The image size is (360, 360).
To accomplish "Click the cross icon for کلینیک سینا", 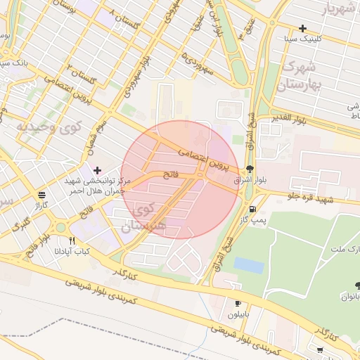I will tap(302, 29).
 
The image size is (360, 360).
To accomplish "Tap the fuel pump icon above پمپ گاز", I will tap(252, 208).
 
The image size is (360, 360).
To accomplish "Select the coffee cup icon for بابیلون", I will tap(238, 303).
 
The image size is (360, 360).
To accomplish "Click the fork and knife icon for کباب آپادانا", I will tap(71, 240).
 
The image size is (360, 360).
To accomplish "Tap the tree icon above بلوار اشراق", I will tap(250, 169).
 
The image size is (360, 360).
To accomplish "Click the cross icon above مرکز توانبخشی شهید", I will tap(97, 169).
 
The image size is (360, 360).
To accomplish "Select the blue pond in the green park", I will tap(248, 265).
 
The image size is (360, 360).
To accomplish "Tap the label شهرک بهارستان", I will tap(299, 77).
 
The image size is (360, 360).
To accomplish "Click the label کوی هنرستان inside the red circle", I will tap(150, 218).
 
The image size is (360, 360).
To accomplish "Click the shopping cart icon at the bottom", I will tap(320, 349).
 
